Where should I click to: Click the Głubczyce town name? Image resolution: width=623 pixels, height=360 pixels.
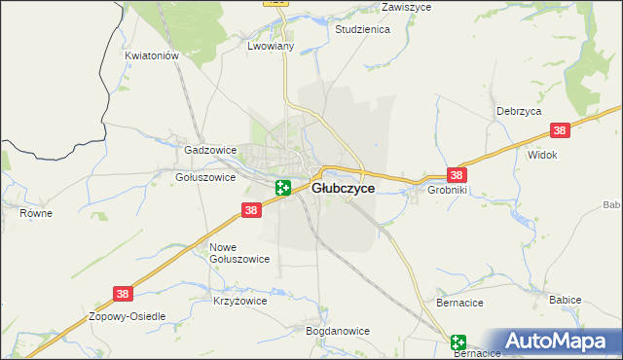point(343,190)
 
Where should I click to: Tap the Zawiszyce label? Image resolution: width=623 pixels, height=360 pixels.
point(407,6)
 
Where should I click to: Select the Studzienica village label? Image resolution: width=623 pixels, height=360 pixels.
point(362,30)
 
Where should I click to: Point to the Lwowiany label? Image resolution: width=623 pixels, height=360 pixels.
point(272,46)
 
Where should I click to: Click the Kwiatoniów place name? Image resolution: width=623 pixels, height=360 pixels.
point(153,56)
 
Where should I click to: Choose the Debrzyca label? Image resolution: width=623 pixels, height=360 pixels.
point(518,111)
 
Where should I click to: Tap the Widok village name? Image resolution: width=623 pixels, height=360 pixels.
point(541,155)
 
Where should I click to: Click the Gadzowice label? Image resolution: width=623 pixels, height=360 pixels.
point(210,151)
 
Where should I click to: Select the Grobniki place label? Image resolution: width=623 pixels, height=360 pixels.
point(448,191)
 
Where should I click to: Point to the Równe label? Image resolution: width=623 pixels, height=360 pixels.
point(36,212)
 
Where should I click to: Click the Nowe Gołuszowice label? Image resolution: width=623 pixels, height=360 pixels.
point(239,252)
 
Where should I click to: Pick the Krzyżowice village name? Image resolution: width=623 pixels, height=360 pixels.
point(239,302)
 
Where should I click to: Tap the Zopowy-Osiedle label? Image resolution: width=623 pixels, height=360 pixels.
point(128,317)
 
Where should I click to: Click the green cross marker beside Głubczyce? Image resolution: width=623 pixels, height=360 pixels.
point(283,188)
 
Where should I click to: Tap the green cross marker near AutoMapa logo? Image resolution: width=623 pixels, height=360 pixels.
point(458,342)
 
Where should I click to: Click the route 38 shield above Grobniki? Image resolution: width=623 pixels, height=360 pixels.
point(457,175)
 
